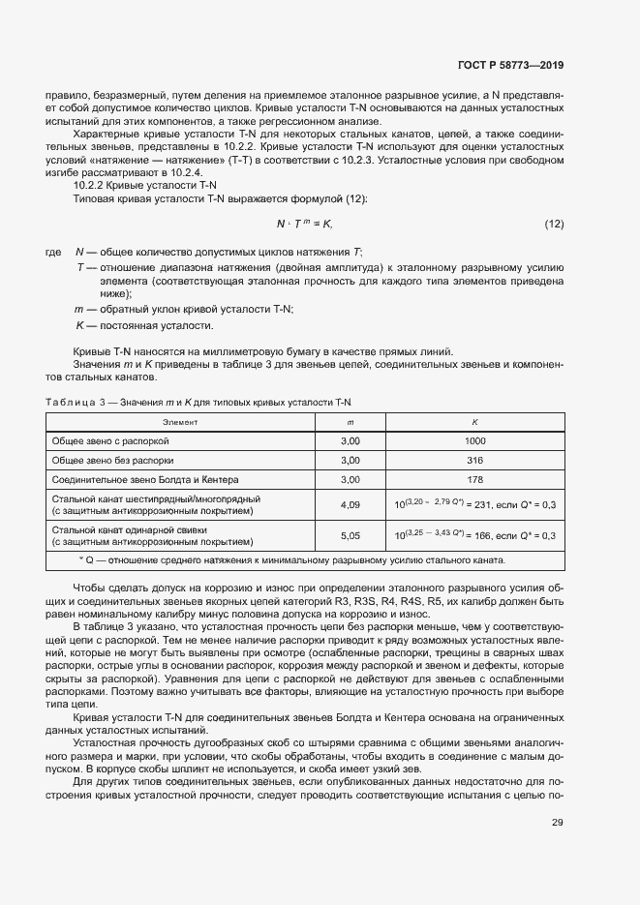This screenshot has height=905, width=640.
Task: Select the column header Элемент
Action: tap(180, 422)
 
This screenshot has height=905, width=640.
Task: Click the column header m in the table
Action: tap(350, 422)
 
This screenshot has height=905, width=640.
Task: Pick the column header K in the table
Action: tap(474, 422)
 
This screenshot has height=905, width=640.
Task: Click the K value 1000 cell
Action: tap(474, 440)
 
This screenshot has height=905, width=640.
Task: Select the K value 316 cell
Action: tap(474, 460)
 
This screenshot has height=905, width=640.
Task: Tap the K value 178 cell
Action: tap(474, 479)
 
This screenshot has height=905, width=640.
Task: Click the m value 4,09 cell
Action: tap(350, 504)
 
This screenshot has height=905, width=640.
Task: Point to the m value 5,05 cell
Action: tap(350, 535)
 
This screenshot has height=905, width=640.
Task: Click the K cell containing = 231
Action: tap(474, 504)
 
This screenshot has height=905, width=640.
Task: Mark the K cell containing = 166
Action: tap(474, 535)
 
